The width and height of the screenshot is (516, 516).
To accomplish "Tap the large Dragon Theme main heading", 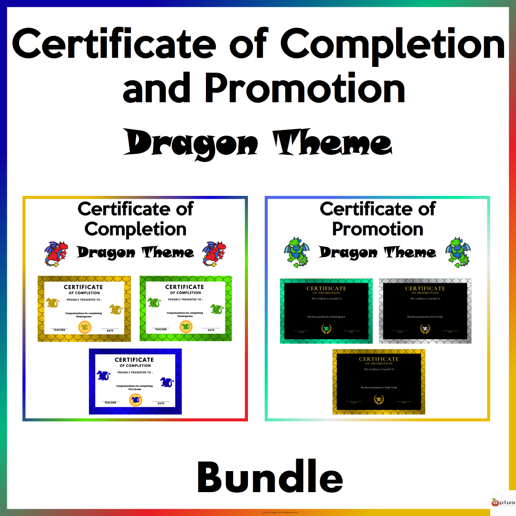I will click(x=258, y=143).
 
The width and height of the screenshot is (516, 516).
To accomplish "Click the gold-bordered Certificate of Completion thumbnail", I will click(x=84, y=308).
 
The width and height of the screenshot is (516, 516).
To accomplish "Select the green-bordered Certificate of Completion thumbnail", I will click(x=185, y=308).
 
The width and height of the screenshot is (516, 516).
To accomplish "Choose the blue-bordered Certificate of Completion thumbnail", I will click(x=135, y=381).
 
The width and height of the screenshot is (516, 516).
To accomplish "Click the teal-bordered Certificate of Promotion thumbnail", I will click(x=326, y=311).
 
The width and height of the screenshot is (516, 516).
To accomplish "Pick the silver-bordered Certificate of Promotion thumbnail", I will click(x=425, y=311).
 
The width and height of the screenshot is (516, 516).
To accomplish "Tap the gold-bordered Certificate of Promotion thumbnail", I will click(x=379, y=381).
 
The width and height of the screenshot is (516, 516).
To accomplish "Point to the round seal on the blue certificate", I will click(x=135, y=398).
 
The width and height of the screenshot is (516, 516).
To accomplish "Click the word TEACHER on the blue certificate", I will click(x=110, y=403).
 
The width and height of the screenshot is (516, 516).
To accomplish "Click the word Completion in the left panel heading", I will click(x=135, y=229).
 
